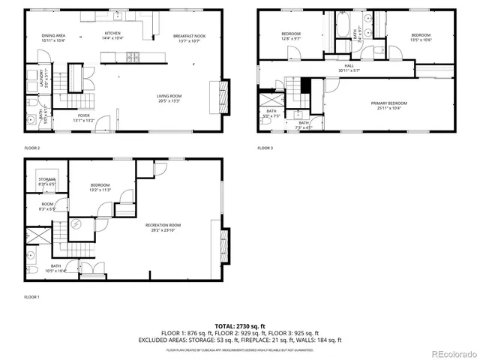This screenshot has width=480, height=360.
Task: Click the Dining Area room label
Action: (52, 37)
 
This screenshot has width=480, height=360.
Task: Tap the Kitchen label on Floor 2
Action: (112, 35)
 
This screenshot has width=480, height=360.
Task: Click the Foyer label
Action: (82, 117)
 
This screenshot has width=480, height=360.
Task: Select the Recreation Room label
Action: (163, 227)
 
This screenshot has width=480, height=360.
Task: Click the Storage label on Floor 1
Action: (47, 181)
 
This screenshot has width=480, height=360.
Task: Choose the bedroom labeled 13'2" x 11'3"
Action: (100, 187)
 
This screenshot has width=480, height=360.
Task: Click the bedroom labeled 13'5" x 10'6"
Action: (421, 37)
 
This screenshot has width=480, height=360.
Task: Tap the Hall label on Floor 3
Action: (349, 67)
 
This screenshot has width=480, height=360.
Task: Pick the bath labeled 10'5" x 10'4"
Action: (56, 268)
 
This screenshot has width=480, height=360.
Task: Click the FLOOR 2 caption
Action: (32, 148)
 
